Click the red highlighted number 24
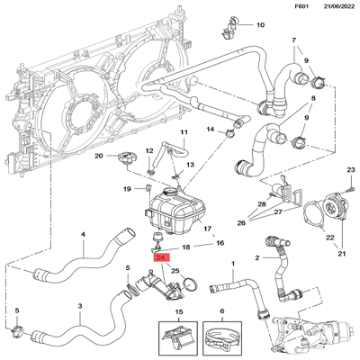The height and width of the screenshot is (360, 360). tap(161, 258)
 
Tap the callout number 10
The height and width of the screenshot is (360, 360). tap(261, 25)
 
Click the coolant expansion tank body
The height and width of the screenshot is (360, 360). tap(175, 213)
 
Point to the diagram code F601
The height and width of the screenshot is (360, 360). tap(301, 6)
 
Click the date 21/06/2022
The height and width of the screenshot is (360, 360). tap(339, 6)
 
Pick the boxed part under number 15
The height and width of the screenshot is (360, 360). tap(177, 337)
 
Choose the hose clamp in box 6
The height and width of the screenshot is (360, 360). tap(222, 337)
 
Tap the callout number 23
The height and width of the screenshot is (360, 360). tap(351, 170)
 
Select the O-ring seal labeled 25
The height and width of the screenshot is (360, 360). tap(190, 284)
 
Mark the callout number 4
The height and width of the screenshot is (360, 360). tap(83, 234)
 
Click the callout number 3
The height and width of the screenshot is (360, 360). tap(80, 306)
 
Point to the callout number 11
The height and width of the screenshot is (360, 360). tap(184, 132)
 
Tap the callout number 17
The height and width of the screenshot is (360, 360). tap(208, 229)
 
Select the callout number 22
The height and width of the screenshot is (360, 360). tap(330, 238)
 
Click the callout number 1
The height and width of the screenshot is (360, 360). tap(233, 264)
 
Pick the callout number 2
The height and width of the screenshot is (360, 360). tap(257, 258)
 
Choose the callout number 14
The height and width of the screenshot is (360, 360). tap(211, 130)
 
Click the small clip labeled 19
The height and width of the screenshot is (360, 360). tap(148, 188)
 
